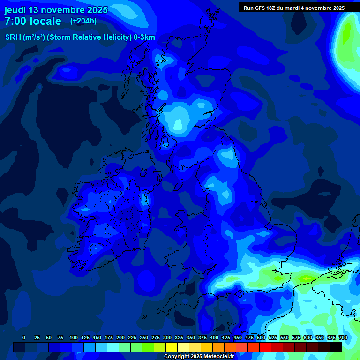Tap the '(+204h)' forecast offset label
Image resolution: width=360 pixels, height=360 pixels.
(83, 21)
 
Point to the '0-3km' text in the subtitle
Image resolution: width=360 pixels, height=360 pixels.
(144, 37)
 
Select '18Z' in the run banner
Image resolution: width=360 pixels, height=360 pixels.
(276, 8)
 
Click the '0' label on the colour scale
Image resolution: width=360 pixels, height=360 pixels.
(24, 337)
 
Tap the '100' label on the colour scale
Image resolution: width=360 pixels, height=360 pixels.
(74, 337)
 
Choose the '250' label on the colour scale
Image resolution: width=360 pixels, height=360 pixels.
(144, 337)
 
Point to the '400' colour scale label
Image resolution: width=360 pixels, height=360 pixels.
(214, 337)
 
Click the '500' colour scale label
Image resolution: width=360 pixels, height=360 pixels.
(261, 337)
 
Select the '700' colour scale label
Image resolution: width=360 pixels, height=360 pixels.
(343, 337)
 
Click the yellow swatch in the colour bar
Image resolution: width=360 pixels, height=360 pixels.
(172, 347)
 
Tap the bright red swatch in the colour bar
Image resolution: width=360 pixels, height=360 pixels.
(265, 347)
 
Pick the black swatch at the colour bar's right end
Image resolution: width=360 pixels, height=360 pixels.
(336, 347)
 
